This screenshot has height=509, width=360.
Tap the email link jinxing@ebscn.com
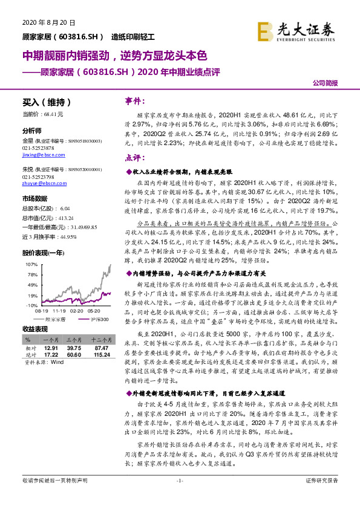[x=38, y=155]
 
